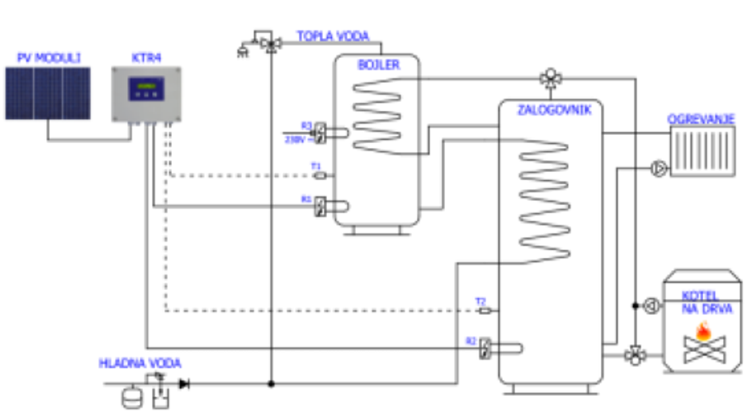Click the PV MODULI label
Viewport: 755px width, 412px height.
(x=49, y=57)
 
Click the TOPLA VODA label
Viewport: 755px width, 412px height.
(x=333, y=36)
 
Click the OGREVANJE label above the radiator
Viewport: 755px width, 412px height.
(x=701, y=120)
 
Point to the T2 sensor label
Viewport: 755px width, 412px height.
(x=480, y=301)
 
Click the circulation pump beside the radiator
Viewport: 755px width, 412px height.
(x=659, y=169)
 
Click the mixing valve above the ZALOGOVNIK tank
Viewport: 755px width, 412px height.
(x=550, y=78)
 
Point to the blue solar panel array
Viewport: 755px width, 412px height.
(x=48, y=93)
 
